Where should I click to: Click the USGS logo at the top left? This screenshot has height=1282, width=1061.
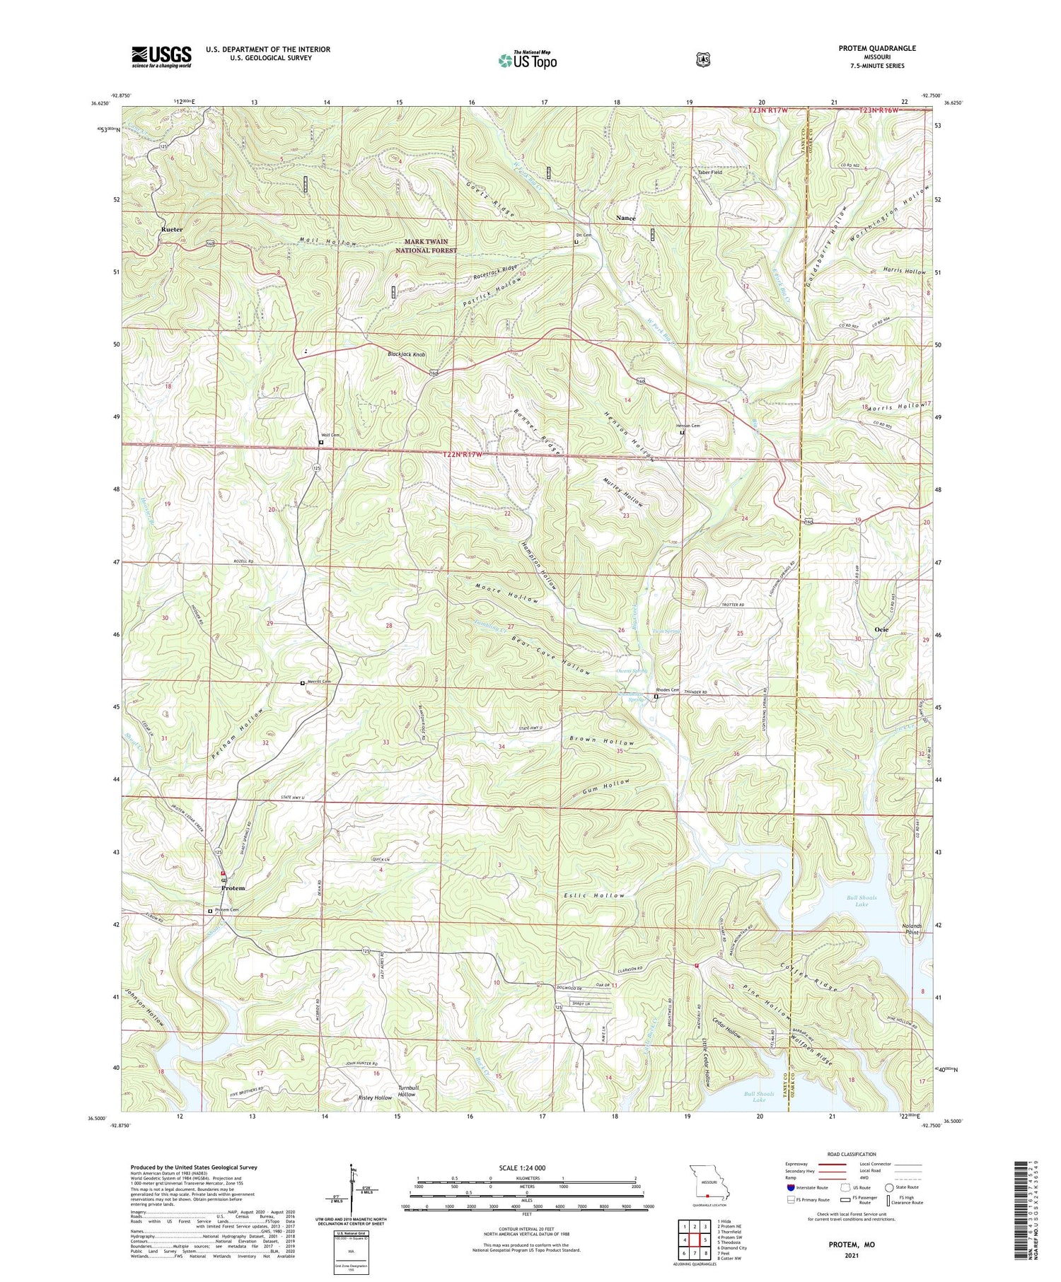(x=161, y=57)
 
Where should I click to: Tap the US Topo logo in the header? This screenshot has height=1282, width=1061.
(x=527, y=60)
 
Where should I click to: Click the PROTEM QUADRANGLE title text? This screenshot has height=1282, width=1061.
(x=875, y=48)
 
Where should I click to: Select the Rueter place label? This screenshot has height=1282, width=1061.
(x=172, y=230)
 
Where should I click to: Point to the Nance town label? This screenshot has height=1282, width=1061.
(x=625, y=218)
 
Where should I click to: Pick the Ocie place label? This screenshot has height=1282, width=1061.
(x=881, y=629)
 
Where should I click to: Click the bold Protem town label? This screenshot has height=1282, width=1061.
(x=233, y=888)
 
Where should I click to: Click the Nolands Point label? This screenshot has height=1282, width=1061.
(x=912, y=928)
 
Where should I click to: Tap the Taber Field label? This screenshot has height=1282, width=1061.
(x=709, y=172)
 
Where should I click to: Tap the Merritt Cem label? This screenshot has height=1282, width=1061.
(x=318, y=682)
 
